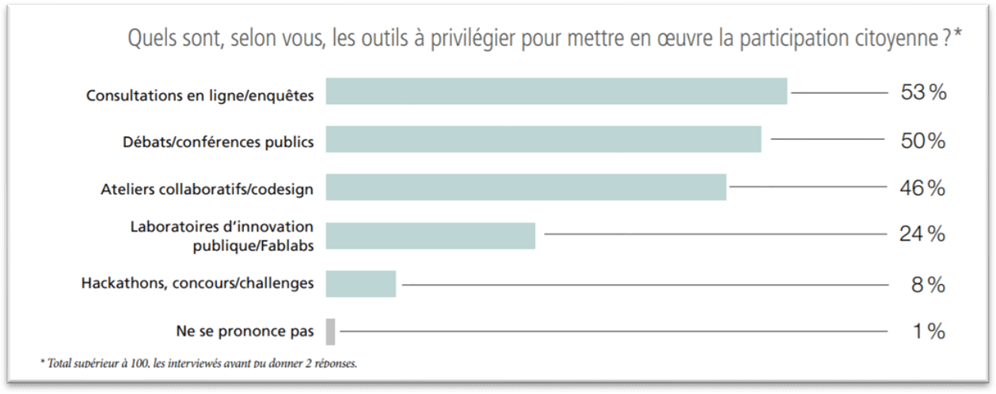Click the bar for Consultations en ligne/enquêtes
[x=556, y=92]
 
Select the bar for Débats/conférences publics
[x=543, y=139]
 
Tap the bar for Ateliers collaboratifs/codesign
[x=526, y=187]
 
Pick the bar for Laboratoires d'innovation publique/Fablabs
[x=431, y=236]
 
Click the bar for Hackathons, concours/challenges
[x=360, y=283]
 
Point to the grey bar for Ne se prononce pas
[x=330, y=331]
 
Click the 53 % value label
[x=923, y=93]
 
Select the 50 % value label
[x=923, y=141]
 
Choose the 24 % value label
[x=922, y=234]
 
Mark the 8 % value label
[x=928, y=285]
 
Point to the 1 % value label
[x=928, y=332]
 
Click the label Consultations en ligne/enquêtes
[x=200, y=96]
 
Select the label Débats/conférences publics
[x=218, y=142]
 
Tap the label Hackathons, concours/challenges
[x=197, y=282]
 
